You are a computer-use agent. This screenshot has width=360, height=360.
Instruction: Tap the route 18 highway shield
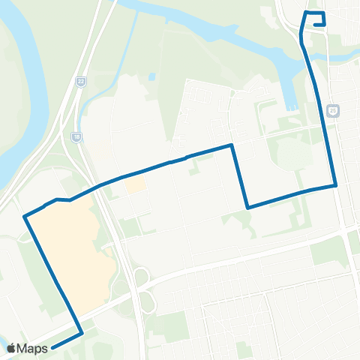76,137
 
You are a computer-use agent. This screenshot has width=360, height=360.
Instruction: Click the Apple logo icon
11,348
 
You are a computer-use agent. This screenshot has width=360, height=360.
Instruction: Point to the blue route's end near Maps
53,347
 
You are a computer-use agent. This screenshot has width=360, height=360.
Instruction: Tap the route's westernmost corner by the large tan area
25,217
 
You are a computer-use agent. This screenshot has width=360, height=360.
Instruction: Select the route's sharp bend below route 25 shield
335,184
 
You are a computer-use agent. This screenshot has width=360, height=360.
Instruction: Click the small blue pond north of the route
152,77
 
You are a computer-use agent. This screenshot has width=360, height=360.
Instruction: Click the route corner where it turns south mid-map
232,145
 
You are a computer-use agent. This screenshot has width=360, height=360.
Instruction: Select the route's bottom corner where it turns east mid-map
247,207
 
